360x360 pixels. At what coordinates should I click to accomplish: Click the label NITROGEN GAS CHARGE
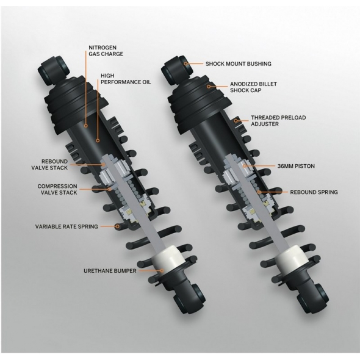106,51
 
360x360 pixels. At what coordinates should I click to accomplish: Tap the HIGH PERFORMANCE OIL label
126,79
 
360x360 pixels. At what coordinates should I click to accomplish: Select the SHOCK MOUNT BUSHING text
239,63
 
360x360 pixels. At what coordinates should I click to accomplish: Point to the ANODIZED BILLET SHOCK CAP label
253,87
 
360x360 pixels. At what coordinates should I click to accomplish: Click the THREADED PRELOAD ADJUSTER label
278,121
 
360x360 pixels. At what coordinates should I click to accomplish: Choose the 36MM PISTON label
296,166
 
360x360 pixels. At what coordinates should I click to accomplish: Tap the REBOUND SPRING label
314,192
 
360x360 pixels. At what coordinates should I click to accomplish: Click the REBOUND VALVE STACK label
49,164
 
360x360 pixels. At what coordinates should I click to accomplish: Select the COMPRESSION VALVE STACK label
57,189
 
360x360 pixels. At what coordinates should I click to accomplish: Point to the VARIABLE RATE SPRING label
67,226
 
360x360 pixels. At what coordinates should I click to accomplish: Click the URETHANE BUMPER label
110,271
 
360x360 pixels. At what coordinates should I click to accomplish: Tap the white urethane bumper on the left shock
167,259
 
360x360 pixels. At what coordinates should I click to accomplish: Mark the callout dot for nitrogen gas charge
85,126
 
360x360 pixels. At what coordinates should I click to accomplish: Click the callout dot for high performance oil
98,140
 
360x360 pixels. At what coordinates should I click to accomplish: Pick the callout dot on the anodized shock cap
209,87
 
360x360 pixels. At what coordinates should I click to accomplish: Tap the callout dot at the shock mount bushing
186,63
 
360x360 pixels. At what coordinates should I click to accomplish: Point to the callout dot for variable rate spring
117,226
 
